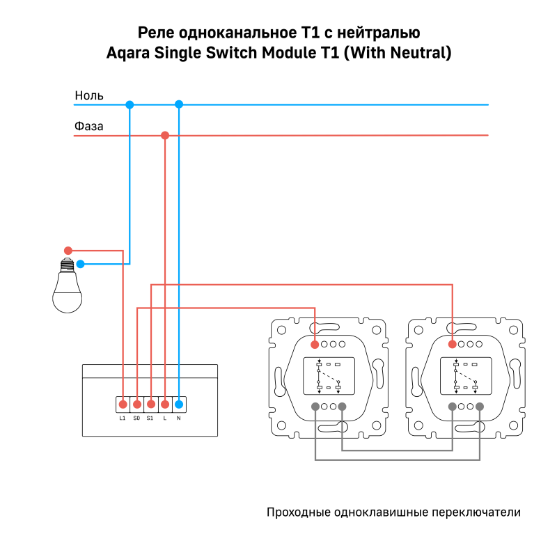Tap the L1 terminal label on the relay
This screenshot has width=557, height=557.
[x=123, y=418]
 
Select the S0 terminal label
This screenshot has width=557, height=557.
[x=136, y=418]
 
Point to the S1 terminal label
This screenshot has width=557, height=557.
[x=150, y=418]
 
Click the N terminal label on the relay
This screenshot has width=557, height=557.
[x=178, y=418]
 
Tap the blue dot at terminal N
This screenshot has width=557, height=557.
[x=178, y=404]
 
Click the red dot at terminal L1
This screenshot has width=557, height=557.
[x=123, y=404]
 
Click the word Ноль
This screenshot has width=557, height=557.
[x=89, y=95]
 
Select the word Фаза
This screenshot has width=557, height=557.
[x=89, y=127]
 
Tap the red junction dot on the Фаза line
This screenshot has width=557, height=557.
[x=165, y=135]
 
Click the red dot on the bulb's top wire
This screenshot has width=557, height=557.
[x=68, y=251]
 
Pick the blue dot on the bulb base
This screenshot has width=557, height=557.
[x=81, y=264]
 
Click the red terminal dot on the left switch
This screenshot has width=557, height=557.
[x=315, y=344]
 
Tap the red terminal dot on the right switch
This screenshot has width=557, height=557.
[x=453, y=344]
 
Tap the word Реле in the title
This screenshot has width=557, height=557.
[x=156, y=32]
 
